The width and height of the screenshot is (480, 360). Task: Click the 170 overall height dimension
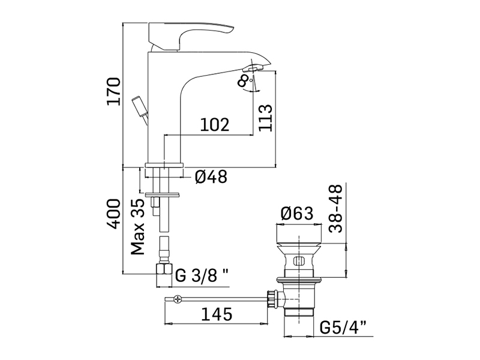tap(113, 91)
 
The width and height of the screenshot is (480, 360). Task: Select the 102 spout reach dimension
tap(215, 124)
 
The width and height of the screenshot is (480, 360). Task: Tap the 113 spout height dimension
tap(265, 118)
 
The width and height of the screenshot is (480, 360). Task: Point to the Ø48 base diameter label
tap(211, 176)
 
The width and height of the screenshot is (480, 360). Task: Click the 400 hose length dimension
tap(113, 214)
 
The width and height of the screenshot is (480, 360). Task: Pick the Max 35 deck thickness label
tap(137, 227)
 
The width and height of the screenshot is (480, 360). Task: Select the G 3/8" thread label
tap(202, 275)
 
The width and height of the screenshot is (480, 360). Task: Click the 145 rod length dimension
tap(217, 314)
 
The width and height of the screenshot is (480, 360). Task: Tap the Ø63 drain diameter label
tap(297, 214)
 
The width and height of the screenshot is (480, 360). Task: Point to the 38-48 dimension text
tap(335, 208)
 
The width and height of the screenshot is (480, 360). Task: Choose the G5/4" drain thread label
tap(343, 328)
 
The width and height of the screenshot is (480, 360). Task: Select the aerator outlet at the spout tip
tap(252, 68)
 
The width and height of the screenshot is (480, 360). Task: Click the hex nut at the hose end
tap(164, 269)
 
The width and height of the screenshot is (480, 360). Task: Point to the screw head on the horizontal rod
tap(177, 299)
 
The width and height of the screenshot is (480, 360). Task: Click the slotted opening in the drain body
tap(299, 261)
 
